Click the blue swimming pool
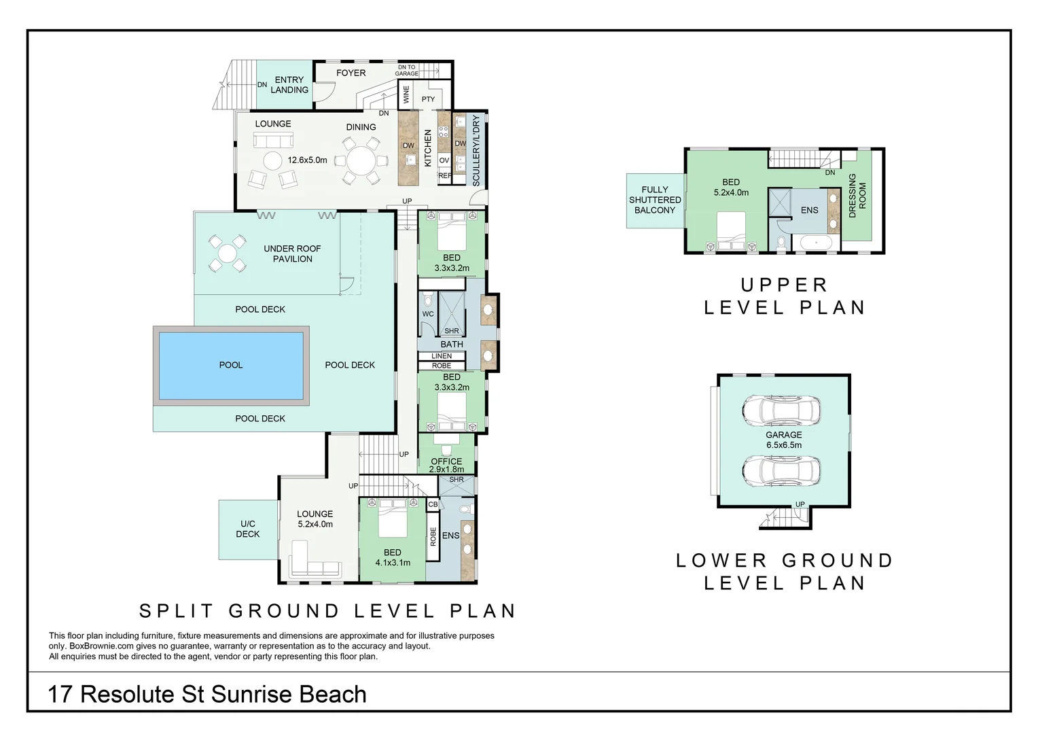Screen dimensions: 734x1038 point(231,365)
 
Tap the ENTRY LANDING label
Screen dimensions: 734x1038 point(289,85)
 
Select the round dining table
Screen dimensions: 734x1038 point(361,161)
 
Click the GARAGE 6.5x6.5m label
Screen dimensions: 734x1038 point(784,440)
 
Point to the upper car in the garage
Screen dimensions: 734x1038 point(781,409)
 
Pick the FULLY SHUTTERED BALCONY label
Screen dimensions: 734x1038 point(655,200)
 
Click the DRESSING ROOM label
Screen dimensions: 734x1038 point(857,196)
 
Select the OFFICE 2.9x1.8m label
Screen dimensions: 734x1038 point(446,465)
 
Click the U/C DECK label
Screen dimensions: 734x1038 point(248,529)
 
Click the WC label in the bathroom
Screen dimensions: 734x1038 point(428,314)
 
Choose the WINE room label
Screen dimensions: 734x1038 point(406,94)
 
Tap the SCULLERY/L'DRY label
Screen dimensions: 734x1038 point(476,151)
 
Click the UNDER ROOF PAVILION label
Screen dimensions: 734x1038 point(292,254)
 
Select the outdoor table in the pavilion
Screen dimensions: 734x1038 point(227,254)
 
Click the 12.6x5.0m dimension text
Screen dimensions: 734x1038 point(307,160)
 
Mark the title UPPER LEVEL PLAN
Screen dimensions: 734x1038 point(784,296)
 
